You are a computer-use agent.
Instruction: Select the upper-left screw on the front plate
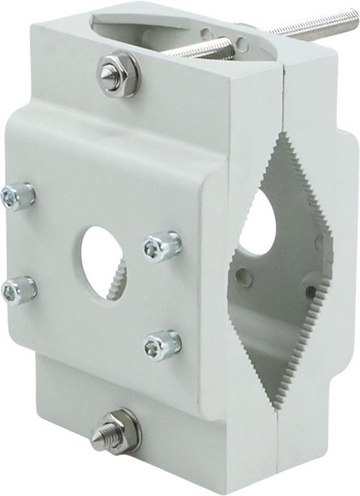pyautogui.click(x=16, y=197)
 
